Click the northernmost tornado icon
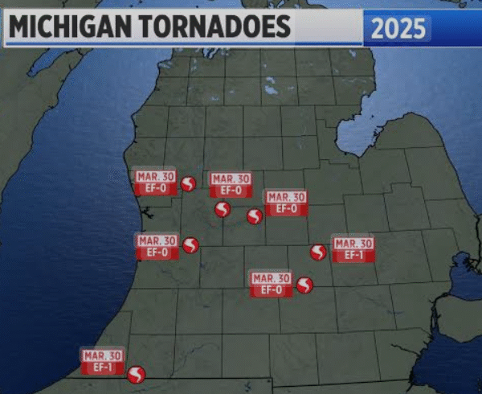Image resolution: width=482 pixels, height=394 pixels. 188,183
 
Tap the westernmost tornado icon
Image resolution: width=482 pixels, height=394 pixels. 137,373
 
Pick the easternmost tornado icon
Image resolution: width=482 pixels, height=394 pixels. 318,252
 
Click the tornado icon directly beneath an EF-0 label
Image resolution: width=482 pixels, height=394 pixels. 223,209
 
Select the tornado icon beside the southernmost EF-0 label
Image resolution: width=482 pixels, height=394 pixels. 304,285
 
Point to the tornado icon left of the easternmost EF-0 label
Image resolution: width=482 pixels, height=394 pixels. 255,215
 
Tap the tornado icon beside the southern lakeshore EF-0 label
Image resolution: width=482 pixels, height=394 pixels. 190,245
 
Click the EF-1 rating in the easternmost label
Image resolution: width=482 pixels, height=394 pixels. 353,255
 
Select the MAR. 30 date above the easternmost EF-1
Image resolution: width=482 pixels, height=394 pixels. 353,244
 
